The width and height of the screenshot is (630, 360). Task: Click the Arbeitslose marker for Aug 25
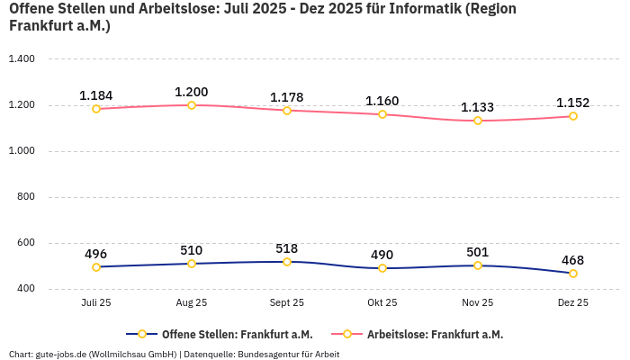click(x=192, y=105)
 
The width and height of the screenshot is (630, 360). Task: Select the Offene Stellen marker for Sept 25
click(x=287, y=262)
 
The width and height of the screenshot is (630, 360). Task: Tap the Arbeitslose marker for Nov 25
click(x=478, y=121)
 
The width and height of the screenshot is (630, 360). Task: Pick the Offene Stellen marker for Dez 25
click(x=573, y=274)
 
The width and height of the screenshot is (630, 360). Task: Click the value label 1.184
click(x=96, y=95)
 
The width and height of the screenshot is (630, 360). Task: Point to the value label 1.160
click(x=382, y=101)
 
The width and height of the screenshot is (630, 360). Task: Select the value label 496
click(x=96, y=254)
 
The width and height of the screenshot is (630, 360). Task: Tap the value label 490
click(x=382, y=255)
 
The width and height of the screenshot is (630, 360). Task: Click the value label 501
click(x=478, y=252)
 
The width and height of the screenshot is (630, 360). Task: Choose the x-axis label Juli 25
click(x=96, y=303)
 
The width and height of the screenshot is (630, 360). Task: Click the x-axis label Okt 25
click(x=382, y=303)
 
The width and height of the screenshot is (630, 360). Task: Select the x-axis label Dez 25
click(x=573, y=303)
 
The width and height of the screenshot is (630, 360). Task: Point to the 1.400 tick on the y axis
click(x=21, y=59)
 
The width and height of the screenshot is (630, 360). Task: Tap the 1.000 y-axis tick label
click(x=21, y=151)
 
